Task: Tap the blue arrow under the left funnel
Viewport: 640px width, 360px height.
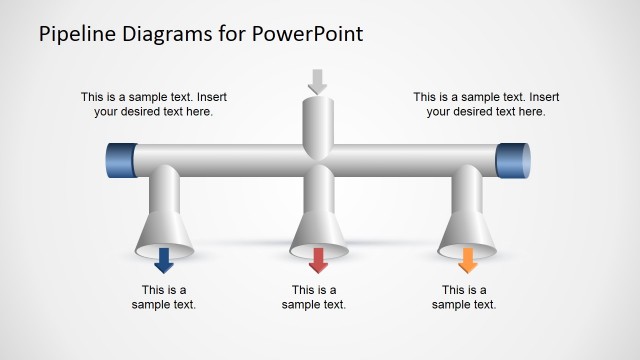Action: (x=165, y=261)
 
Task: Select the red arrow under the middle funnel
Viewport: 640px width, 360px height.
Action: (x=318, y=261)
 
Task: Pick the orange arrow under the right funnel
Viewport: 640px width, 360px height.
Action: (x=467, y=261)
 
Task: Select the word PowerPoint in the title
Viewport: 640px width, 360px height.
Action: (x=307, y=35)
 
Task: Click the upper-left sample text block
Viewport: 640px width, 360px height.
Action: (x=153, y=104)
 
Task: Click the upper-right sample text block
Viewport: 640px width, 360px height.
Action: (x=485, y=104)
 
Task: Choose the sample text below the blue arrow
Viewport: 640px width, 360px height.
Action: (x=164, y=297)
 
